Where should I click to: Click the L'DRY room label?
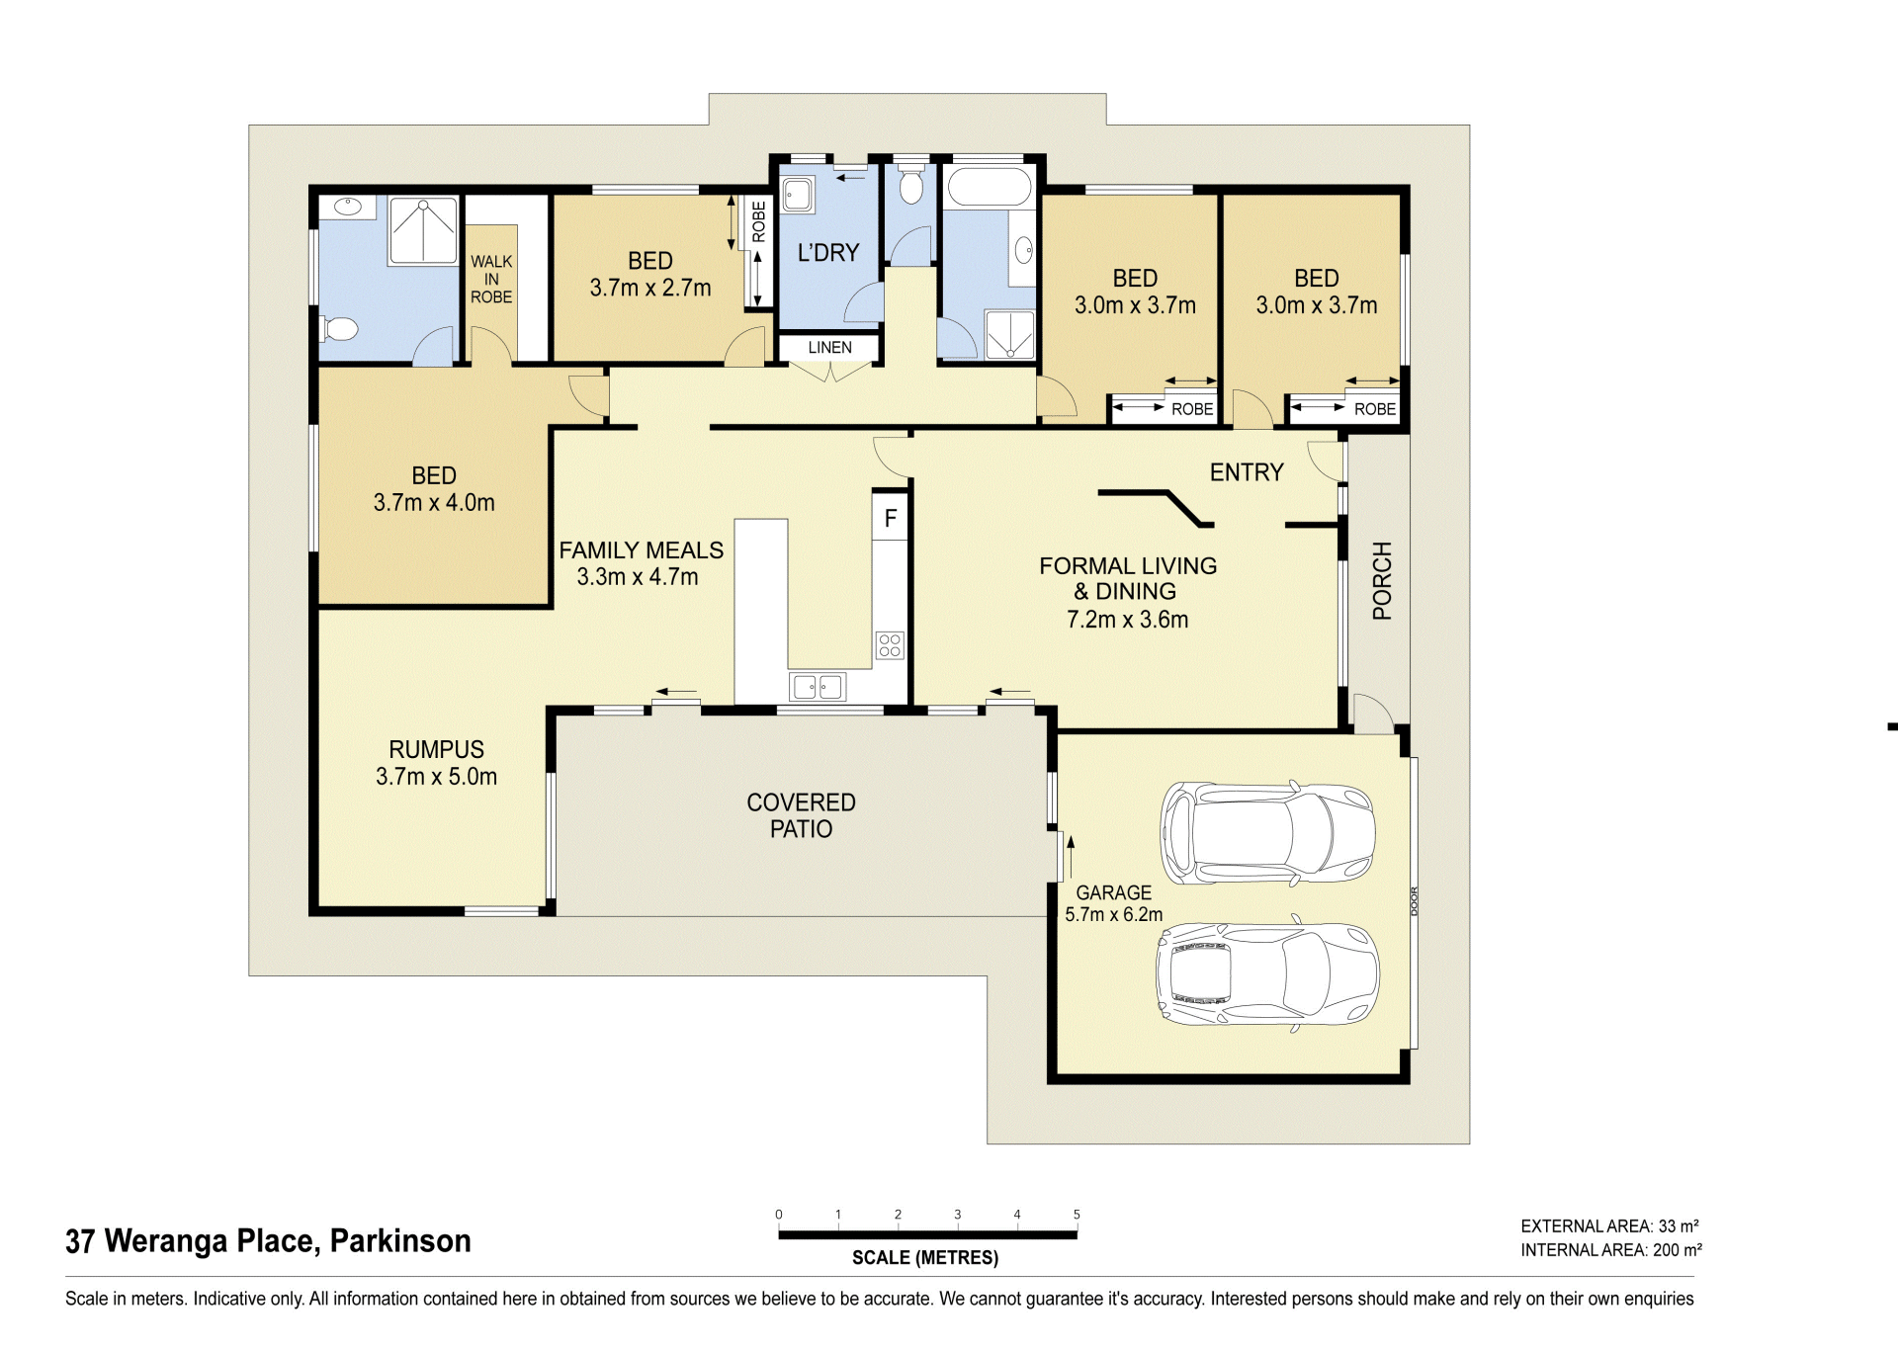(828, 253)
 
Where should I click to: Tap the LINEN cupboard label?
(829, 348)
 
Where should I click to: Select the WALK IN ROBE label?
(491, 280)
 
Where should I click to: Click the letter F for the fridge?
(891, 518)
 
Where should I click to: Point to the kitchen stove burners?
(890, 645)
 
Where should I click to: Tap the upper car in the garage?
(1267, 832)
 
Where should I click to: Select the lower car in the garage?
(1267, 974)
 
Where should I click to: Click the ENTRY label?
(1247, 472)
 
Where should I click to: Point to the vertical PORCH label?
(1382, 580)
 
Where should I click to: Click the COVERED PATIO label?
(801, 816)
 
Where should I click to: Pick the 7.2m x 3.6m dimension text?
(1128, 620)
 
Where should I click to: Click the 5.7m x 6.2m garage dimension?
(1113, 915)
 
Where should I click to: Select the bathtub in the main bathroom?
(989, 187)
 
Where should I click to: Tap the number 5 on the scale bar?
(1077, 1215)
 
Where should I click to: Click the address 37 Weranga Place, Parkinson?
(268, 1241)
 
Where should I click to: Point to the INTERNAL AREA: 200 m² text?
(1611, 1250)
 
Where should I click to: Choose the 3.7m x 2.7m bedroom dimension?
(650, 288)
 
